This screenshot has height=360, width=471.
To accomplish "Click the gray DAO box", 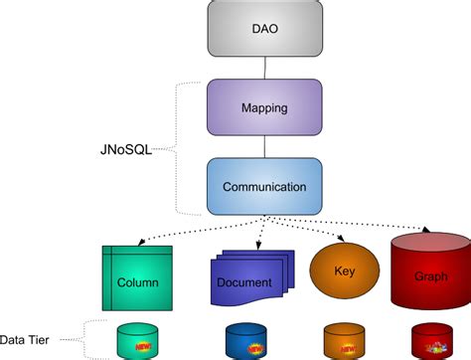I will pos(264,28).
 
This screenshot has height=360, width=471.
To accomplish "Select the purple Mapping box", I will pos(264,106).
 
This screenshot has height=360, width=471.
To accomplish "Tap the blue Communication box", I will pos(264,185).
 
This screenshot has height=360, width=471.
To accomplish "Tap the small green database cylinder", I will pos(137,340).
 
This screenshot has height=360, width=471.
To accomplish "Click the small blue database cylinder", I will pos(244,340).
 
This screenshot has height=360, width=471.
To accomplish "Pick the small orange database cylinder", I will pos(340,340).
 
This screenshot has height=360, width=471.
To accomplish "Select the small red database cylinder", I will pos(429,340).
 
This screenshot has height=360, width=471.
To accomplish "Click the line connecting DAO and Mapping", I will pos(264,67).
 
